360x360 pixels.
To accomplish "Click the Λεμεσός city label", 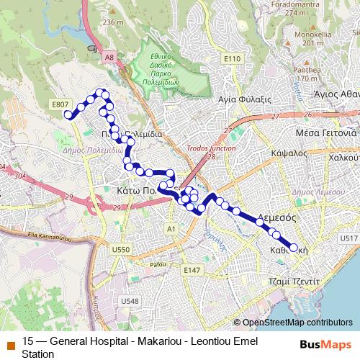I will point(277,215).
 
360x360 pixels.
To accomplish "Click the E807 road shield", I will point(60,104).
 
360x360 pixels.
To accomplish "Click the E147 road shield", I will point(192,269).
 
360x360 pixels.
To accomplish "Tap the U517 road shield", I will point(348,238).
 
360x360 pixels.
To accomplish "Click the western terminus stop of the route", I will point(69,114).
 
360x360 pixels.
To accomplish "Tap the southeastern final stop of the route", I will point(293,247).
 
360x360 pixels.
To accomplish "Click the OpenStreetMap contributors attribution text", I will point(298,322).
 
